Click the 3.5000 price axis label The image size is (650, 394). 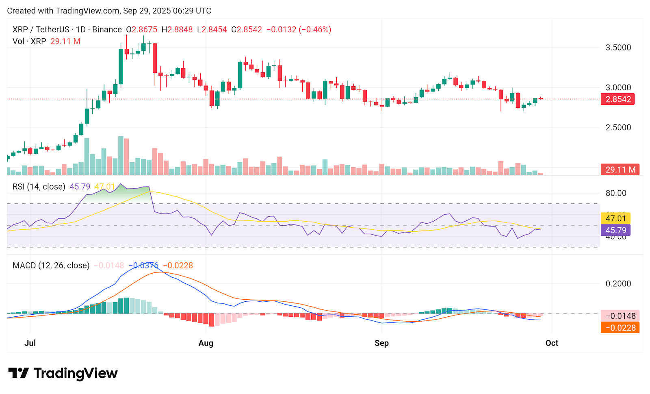(618, 48)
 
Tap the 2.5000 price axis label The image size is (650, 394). (618, 128)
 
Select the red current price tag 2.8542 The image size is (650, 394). (618, 99)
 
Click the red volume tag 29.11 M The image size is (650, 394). (620, 170)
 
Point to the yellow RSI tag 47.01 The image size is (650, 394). (615, 218)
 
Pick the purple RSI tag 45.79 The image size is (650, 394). (615, 230)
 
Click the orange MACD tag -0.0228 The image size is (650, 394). (620, 328)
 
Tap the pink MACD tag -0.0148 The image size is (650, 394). (620, 316)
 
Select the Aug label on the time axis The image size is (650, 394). (206, 343)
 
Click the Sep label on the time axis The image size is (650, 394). (381, 343)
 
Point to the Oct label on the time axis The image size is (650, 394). (552, 343)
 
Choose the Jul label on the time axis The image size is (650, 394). (30, 343)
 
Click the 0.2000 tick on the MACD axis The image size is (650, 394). (618, 284)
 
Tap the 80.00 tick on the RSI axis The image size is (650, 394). (616, 193)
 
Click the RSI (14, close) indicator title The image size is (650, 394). (39, 187)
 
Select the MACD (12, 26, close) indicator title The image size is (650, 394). (51, 266)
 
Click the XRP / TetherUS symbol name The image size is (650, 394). (41, 30)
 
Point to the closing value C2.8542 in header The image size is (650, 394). (247, 30)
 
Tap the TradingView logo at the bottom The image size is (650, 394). (63, 373)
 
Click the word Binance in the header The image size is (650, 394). (107, 30)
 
